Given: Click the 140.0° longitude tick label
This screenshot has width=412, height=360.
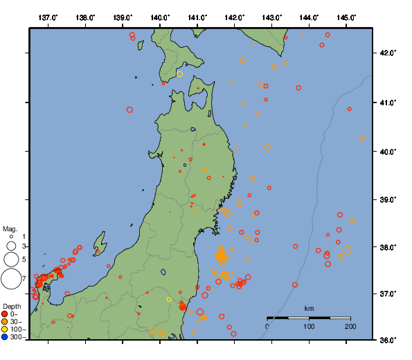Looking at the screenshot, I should click(160, 17).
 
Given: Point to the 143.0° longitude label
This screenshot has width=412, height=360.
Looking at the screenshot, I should click(272, 17).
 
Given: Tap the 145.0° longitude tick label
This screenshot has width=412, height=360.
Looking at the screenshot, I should click(346, 17).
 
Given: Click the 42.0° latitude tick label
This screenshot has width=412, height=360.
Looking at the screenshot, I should click(388, 53).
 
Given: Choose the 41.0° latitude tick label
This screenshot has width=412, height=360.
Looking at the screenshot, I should click(388, 102).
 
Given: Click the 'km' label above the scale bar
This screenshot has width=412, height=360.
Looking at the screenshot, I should click(309, 308).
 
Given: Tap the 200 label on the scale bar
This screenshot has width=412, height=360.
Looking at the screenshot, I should click(350, 326).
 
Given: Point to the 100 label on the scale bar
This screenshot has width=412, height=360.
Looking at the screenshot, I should click(309, 326).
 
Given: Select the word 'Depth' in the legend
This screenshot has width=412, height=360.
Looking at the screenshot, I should click(11, 306).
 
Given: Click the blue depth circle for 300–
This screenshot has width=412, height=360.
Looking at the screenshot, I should click(5, 337).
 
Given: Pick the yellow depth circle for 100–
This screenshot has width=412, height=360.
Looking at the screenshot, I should click(5, 330).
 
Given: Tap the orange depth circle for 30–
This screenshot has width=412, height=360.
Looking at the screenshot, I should click(5, 322).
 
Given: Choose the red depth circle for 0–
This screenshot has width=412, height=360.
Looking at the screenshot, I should click(5, 314).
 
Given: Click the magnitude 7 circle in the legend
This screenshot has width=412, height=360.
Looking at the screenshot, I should click(11, 279).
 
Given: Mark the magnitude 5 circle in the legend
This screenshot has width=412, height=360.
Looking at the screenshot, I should click(11, 259).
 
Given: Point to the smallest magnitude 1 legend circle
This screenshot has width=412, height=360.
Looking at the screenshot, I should click(11, 237).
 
